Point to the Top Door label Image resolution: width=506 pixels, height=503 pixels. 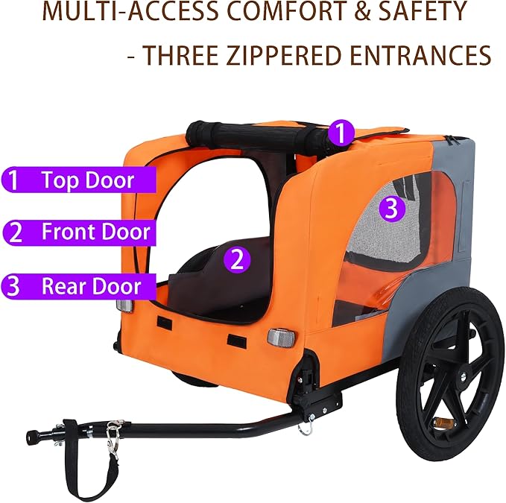[87, 180]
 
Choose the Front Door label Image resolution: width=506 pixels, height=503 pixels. [95, 232]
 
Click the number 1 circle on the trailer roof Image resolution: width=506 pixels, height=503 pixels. [341, 134]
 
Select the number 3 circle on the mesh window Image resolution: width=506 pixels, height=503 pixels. [393, 208]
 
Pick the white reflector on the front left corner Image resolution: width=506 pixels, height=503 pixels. [124, 306]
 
